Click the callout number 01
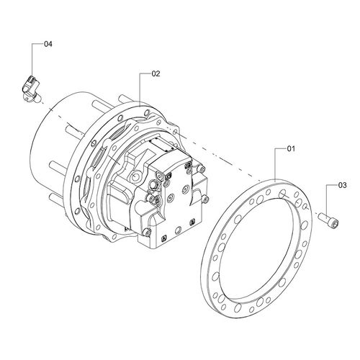coord(291,149)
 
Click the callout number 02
coord(156,73)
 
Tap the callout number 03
coord(343,185)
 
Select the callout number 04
coord(48,44)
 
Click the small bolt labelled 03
coord(328,220)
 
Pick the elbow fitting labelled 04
coord(31,88)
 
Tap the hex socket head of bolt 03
coord(335,223)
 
